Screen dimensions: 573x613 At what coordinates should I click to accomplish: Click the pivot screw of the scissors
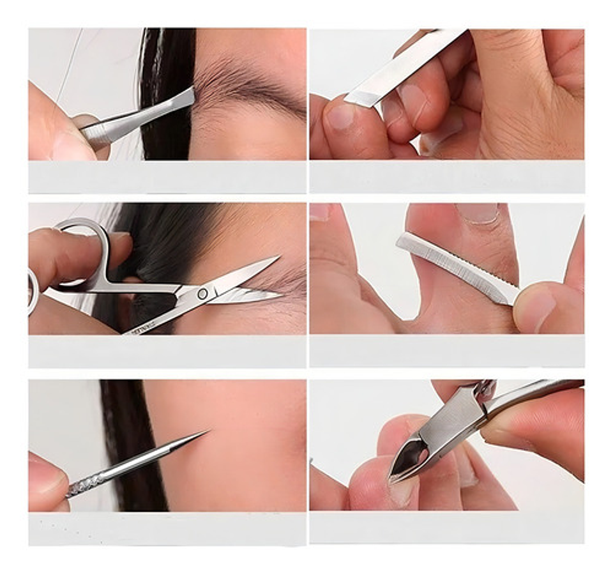pos(202,294)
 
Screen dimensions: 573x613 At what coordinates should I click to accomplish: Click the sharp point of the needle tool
pos(206,433)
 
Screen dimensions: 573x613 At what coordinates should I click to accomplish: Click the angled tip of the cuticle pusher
pos(355,99)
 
